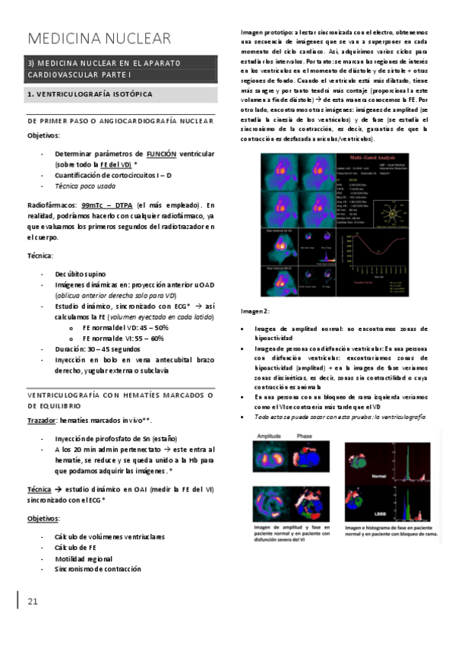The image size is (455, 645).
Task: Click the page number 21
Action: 32,602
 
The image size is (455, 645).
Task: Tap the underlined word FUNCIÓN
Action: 161,153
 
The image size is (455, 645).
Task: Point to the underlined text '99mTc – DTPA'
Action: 103,205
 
